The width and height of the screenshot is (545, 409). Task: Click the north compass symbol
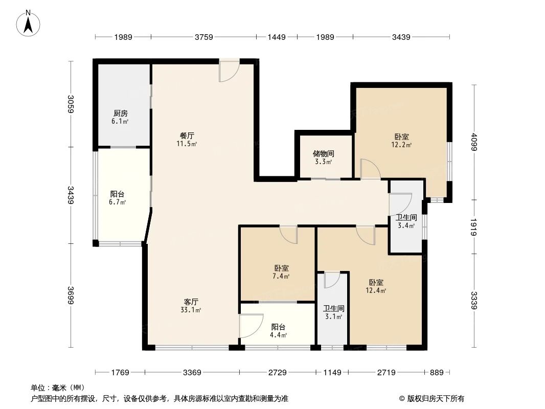[x=29, y=24]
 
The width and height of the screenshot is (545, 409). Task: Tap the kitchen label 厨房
[x=120, y=113]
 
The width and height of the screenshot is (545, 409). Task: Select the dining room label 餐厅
[x=187, y=135]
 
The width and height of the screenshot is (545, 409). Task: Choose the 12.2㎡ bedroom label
[x=401, y=137]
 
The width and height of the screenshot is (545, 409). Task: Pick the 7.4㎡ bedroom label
[x=281, y=268]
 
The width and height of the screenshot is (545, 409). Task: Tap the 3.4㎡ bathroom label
[x=406, y=217]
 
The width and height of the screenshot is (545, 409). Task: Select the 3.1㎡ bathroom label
[x=333, y=309]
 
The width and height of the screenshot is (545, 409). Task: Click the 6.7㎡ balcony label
[x=118, y=194]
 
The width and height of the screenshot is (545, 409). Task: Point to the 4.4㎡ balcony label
[x=278, y=327]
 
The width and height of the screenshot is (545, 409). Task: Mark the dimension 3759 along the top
[x=203, y=37]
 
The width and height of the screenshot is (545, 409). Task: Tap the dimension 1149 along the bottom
[x=332, y=373]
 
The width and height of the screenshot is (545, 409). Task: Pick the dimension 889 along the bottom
[x=436, y=373]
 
